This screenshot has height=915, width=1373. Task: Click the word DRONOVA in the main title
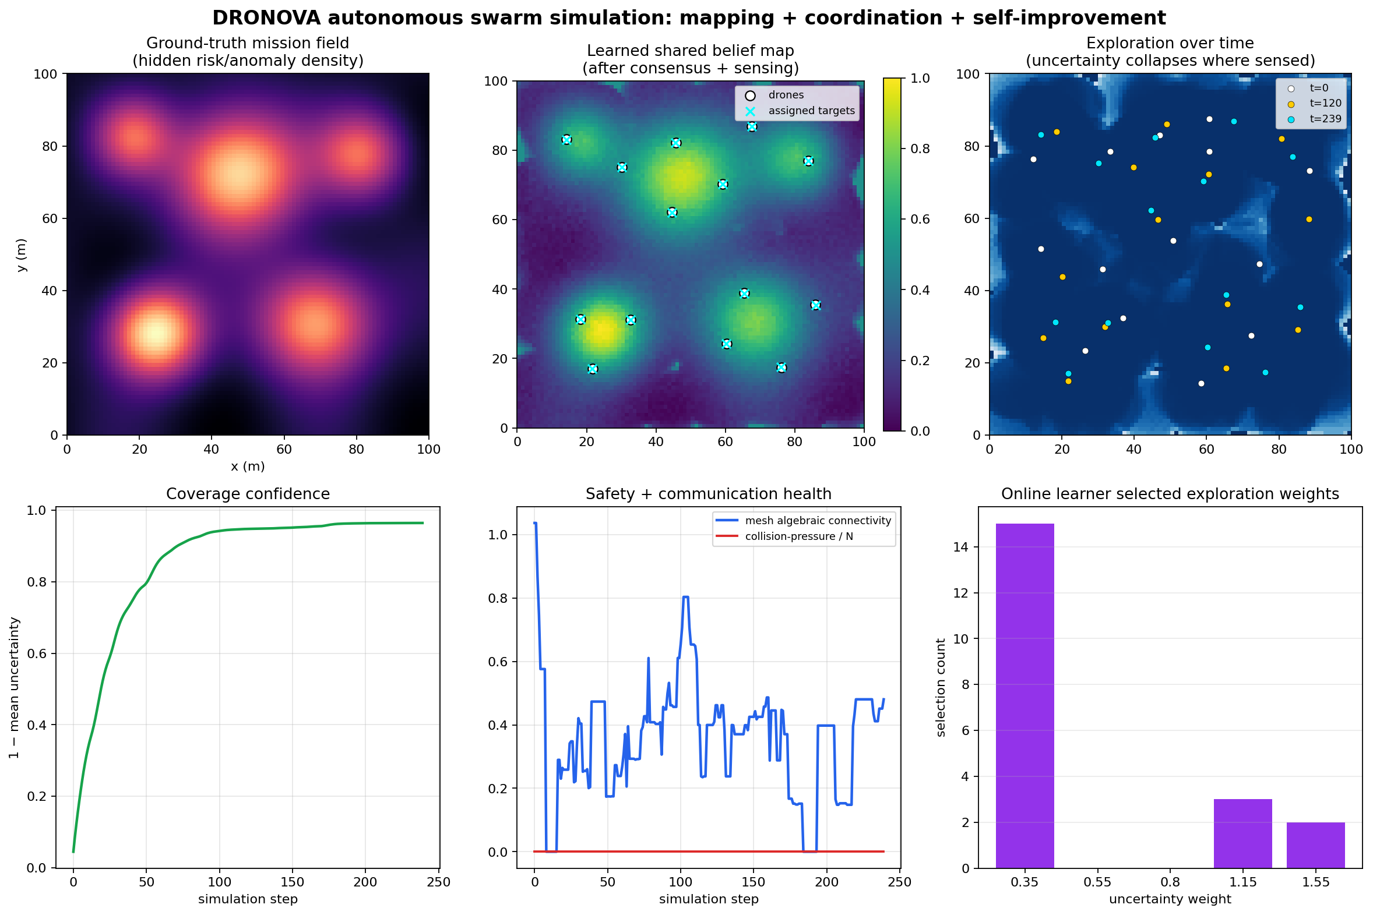point(266,18)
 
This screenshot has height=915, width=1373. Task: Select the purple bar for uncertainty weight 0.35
point(1025,695)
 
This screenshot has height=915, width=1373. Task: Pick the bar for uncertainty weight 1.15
point(1243,834)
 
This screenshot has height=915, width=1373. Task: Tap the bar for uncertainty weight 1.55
point(1316,846)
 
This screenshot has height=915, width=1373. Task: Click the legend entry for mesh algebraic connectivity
point(803,521)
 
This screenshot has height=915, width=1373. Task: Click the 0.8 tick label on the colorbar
point(920,149)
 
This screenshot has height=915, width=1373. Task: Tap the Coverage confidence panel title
point(248,494)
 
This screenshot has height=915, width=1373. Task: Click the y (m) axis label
point(21,255)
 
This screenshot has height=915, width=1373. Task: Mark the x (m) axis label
point(248,467)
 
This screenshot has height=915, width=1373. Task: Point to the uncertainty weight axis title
point(1170,899)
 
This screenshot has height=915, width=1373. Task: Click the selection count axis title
point(941,687)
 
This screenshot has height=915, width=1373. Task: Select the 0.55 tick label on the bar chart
point(1097,882)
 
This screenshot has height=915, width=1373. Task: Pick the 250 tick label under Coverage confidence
point(438,882)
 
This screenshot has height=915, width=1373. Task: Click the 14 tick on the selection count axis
point(961,547)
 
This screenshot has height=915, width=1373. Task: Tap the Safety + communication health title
point(709,494)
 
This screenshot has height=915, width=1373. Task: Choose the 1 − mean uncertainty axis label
point(14,687)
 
